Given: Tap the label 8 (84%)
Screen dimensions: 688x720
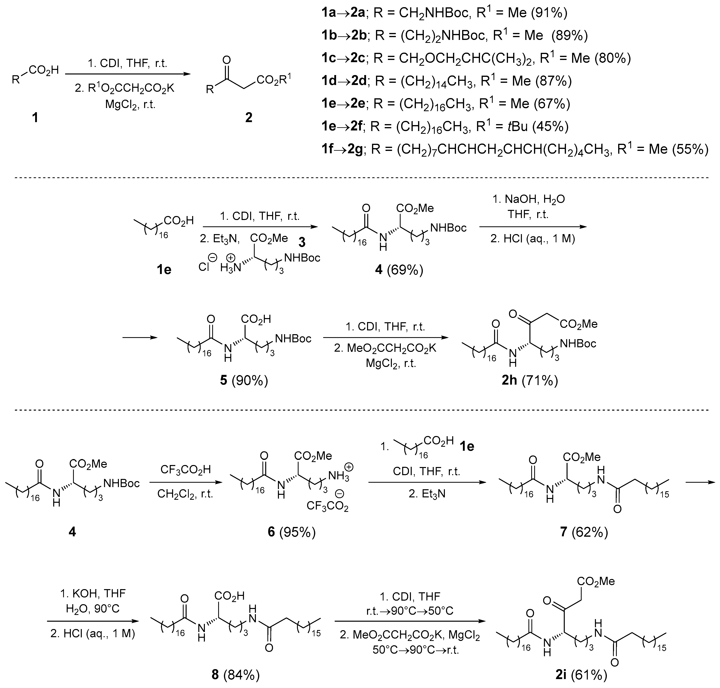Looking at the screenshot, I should coord(236,674).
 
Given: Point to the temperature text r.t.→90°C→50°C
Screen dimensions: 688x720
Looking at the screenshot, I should coord(410,611).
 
